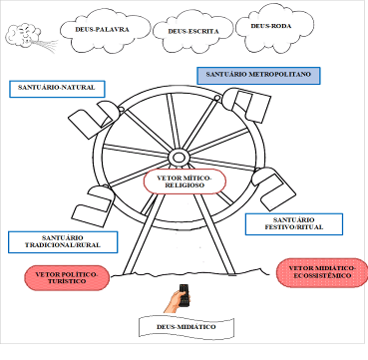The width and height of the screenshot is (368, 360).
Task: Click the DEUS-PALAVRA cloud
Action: click(105, 31)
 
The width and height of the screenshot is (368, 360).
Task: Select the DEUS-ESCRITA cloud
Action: click(192, 32)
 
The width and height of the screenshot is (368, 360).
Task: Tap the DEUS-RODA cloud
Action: click(274, 28)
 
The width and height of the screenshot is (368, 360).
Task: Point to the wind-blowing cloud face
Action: click(23, 34)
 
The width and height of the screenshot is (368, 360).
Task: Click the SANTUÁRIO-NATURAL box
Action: click(57, 89)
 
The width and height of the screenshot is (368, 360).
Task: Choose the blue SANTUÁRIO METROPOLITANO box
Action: click(258, 76)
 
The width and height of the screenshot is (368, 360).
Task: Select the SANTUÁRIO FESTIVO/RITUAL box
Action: click(294, 224)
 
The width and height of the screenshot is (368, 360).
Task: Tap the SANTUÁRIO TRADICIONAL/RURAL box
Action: click(63, 242)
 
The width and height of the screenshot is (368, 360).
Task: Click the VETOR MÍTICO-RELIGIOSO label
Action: click(184, 181)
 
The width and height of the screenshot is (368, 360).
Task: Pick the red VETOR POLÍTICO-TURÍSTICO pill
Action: click(67, 277)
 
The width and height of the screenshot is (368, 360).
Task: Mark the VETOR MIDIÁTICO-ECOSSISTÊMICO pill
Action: click(322, 272)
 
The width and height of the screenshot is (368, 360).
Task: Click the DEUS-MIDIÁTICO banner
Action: click(186, 328)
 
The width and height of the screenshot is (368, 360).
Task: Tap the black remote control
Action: click(184, 295)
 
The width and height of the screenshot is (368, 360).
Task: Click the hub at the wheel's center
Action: click(178, 157)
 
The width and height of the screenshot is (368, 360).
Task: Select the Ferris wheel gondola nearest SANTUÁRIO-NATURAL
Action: click(94, 119)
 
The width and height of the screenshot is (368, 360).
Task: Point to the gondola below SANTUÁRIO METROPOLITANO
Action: click(246, 104)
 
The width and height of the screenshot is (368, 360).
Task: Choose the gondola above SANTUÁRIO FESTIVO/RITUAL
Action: click(273, 187)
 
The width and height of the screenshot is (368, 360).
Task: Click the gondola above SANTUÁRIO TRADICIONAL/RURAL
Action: click(94, 204)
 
